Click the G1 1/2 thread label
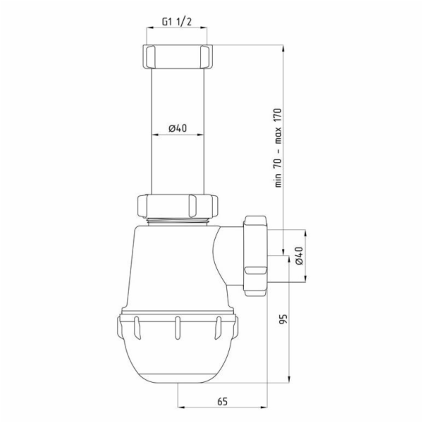click(x=177, y=22)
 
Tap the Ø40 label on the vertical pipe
click(x=178, y=128)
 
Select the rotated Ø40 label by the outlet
click(x=299, y=256)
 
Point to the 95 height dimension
click(x=283, y=319)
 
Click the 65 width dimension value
click(x=223, y=402)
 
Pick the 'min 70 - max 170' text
click(x=278, y=148)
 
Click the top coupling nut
click(x=177, y=56)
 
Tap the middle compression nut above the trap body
click(x=178, y=206)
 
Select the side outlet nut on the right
click(x=255, y=256)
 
